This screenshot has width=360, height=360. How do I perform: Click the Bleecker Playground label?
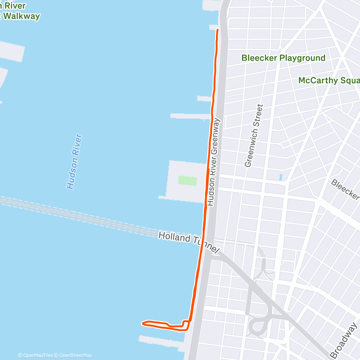click(x=283, y=58)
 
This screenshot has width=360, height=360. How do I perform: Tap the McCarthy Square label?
click(x=329, y=80)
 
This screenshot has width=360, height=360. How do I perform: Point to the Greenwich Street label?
click(x=254, y=136)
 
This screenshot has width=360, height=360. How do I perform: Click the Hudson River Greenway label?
click(x=214, y=162)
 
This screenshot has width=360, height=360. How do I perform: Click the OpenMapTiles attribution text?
click(x=36, y=355)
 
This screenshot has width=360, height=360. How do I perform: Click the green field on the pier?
click(x=188, y=181)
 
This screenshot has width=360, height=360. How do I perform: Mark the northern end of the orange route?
click(x=217, y=30)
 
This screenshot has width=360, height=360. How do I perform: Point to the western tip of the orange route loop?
click(x=143, y=323)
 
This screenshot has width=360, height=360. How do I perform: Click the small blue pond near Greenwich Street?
click(x=280, y=177)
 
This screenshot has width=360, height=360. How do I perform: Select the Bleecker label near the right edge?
click(x=345, y=189)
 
